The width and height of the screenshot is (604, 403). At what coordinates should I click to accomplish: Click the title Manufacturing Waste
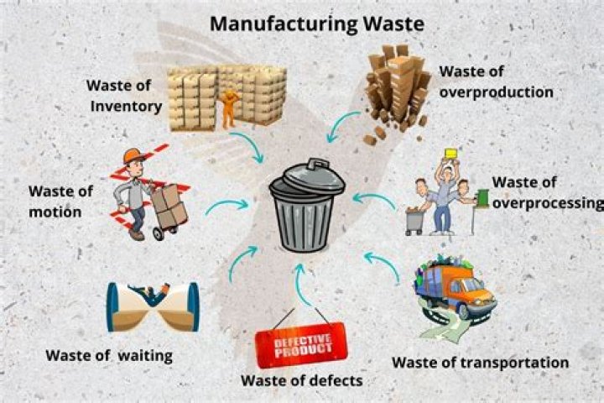click(316, 24)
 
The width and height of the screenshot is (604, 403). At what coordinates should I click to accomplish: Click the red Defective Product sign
click(301, 345)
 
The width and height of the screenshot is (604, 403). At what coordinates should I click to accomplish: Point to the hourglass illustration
click(153, 307)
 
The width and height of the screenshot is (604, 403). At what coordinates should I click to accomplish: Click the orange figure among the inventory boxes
click(229, 109)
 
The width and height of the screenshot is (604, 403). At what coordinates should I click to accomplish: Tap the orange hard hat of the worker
click(133, 155)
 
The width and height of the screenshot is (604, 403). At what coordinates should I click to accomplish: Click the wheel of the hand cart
click(159, 233)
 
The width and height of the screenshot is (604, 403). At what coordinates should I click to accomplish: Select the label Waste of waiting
click(109, 356)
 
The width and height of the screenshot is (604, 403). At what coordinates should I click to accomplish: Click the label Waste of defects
click(302, 380)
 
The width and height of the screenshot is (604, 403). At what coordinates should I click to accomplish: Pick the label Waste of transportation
click(481, 363)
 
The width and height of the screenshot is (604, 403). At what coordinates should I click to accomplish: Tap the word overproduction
click(496, 92)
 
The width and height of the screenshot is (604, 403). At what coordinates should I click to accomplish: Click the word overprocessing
click(548, 203)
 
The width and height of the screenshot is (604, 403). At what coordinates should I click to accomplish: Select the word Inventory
click(126, 106)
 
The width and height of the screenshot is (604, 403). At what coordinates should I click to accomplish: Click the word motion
click(55, 212)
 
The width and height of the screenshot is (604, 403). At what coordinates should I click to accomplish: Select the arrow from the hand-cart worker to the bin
click(226, 204)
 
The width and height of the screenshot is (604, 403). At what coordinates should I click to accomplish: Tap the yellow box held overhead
click(450, 154)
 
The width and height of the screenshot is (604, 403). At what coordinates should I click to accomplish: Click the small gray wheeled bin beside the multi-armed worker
click(414, 222)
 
